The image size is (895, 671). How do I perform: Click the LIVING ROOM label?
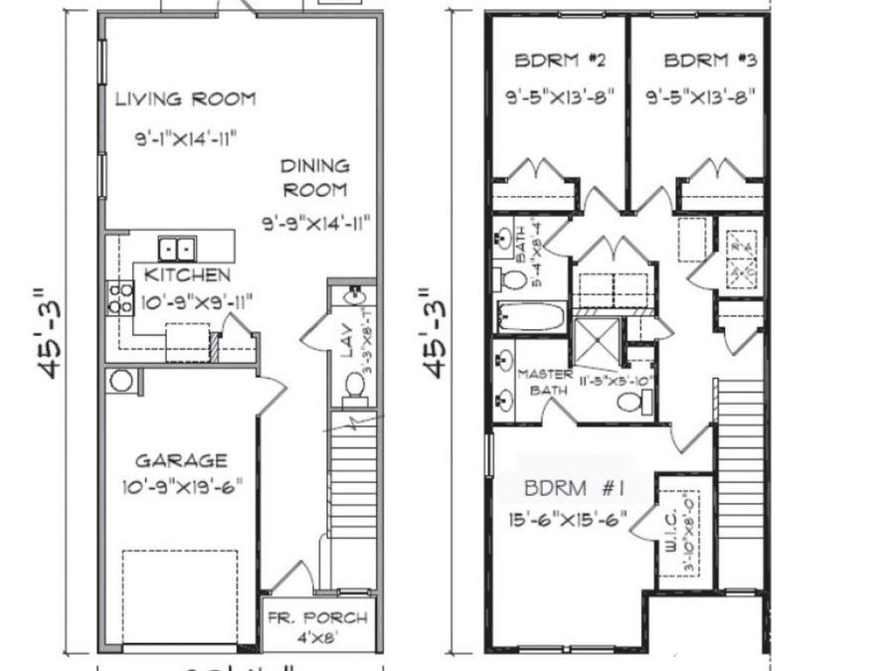pyautogui.click(x=185, y=98)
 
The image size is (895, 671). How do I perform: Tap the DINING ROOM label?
pyautogui.click(x=314, y=178)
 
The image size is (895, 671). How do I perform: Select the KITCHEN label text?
pyautogui.click(x=188, y=274)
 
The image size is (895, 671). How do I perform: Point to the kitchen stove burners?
pyautogui.click(x=120, y=297)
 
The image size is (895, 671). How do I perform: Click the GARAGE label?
pyautogui.click(x=181, y=460)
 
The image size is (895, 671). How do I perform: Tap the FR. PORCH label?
pyautogui.click(x=318, y=618)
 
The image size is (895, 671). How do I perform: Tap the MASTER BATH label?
pyautogui.click(x=546, y=382)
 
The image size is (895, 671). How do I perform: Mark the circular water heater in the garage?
pyautogui.click(x=121, y=380)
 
